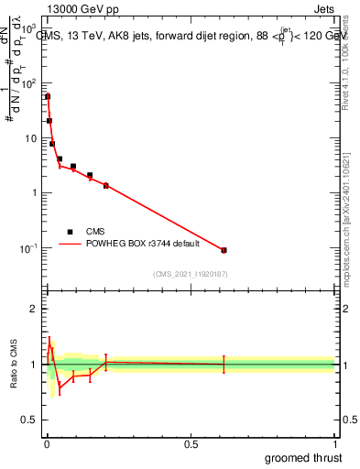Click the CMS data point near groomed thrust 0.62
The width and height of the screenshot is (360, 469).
pos(224,250)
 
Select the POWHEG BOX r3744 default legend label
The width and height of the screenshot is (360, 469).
pos(137,245)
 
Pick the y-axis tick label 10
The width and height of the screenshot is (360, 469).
pos(33,138)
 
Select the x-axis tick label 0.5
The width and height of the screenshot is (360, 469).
pos(190,444)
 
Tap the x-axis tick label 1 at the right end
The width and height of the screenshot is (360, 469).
pos(333,444)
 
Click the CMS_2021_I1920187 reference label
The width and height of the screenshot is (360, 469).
pos(191,274)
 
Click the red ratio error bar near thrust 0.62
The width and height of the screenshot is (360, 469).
pos(224,365)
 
